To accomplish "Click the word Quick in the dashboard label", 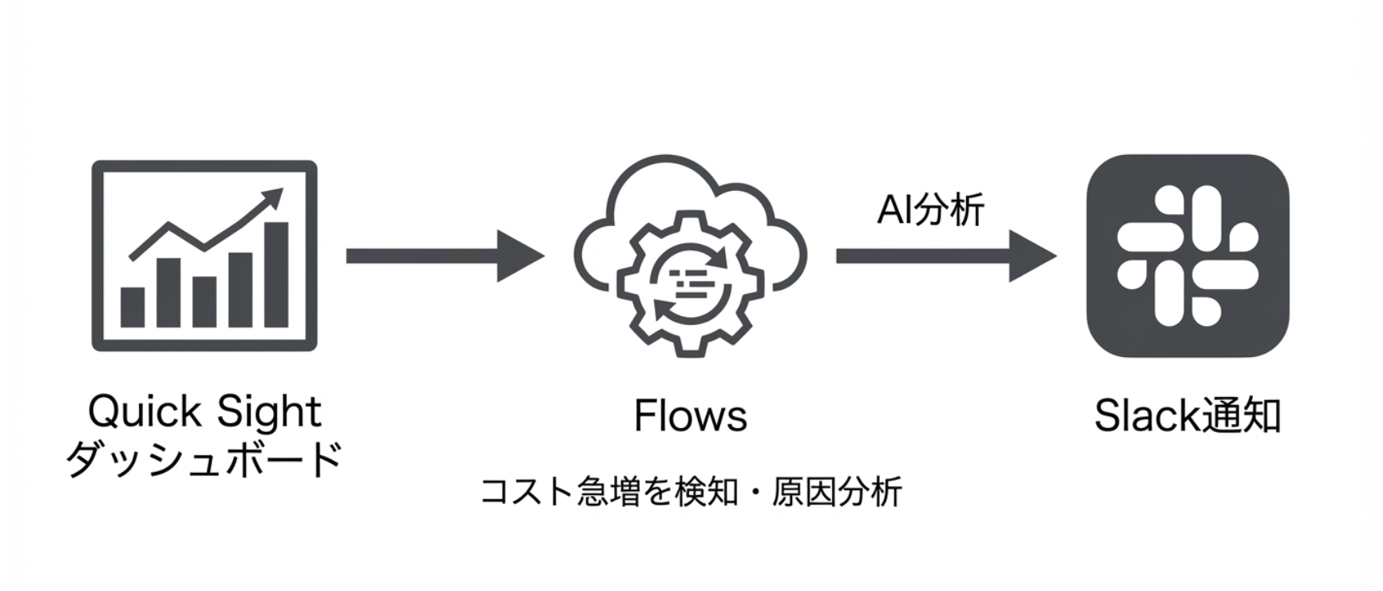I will [x=145, y=412].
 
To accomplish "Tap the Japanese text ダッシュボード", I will [x=204, y=459].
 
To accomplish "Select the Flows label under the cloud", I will [x=690, y=416].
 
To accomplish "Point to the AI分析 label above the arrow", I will [x=930, y=210].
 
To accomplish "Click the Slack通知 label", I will [x=1187, y=416].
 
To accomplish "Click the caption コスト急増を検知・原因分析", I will [x=691, y=490].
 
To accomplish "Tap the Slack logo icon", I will [x=1187, y=256].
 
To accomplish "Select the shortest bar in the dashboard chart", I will [x=133, y=307].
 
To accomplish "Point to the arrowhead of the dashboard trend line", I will [x=273, y=196].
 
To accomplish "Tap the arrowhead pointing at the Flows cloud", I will [x=519, y=256].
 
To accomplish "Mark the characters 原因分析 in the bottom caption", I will [x=837, y=490].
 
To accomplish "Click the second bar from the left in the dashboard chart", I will [x=168, y=292].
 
